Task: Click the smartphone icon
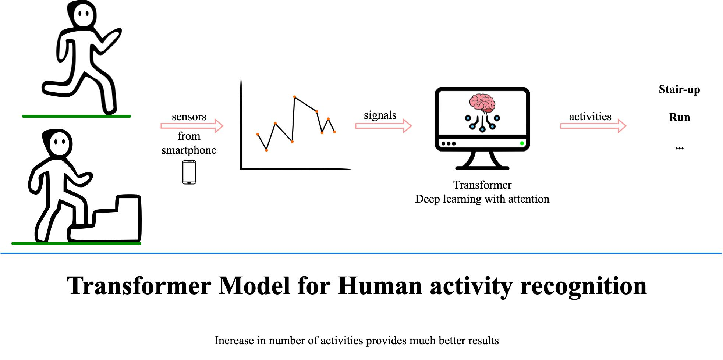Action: pyautogui.click(x=189, y=172)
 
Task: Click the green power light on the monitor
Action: pyautogui.click(x=522, y=143)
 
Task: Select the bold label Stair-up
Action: pyautogui.click(x=679, y=89)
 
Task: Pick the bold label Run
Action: pyautogui.click(x=679, y=117)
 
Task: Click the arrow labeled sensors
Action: pyautogui.click(x=192, y=126)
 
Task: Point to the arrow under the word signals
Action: pyautogui.click(x=383, y=126)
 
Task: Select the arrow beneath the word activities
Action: pyautogui.click(x=593, y=126)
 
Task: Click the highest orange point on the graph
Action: pyautogui.click(x=295, y=97)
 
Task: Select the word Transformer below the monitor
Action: pyautogui.click(x=482, y=185)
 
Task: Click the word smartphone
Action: pyautogui.click(x=189, y=150)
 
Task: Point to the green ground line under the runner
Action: pyautogui.click(x=76, y=116)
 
